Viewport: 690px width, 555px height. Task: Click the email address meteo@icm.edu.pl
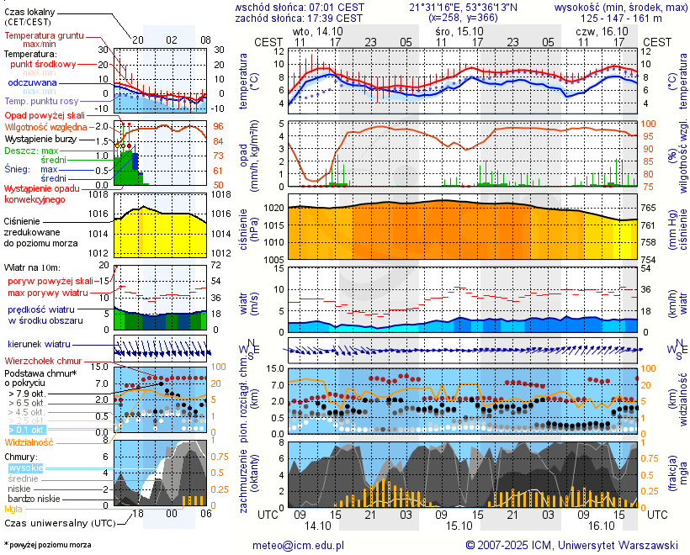(x=299, y=545)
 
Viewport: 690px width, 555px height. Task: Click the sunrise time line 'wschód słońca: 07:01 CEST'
(x=299, y=7)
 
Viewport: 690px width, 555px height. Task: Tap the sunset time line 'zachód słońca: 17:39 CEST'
(x=299, y=18)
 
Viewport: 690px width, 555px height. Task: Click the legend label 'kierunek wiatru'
(x=38, y=345)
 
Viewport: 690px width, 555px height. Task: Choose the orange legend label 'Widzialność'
(x=29, y=441)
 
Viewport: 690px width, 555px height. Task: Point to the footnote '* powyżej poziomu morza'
(x=47, y=545)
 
